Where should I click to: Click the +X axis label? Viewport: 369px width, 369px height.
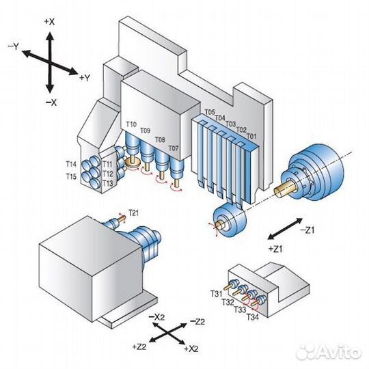49,22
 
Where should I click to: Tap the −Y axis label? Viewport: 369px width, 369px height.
13,46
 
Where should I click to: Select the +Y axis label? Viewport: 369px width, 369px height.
85,77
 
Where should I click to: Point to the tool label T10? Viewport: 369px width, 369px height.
131,124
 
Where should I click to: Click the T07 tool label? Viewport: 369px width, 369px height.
174,148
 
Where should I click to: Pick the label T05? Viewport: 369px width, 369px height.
210,112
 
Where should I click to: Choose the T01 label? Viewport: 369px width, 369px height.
251,136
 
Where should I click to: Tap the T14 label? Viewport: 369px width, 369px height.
71,164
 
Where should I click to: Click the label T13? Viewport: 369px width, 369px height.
108,183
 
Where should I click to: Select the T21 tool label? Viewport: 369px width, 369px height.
133,213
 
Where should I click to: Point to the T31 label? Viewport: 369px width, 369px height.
216,294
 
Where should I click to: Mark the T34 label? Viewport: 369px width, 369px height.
253,317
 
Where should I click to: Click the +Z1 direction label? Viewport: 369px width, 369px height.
275,249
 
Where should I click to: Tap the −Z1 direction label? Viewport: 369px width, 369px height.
307,230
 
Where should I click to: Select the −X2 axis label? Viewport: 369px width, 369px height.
156,317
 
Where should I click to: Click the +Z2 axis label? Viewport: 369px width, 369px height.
139,346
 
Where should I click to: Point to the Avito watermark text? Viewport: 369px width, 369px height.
329,352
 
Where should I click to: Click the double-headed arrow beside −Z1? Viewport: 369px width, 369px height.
285,229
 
